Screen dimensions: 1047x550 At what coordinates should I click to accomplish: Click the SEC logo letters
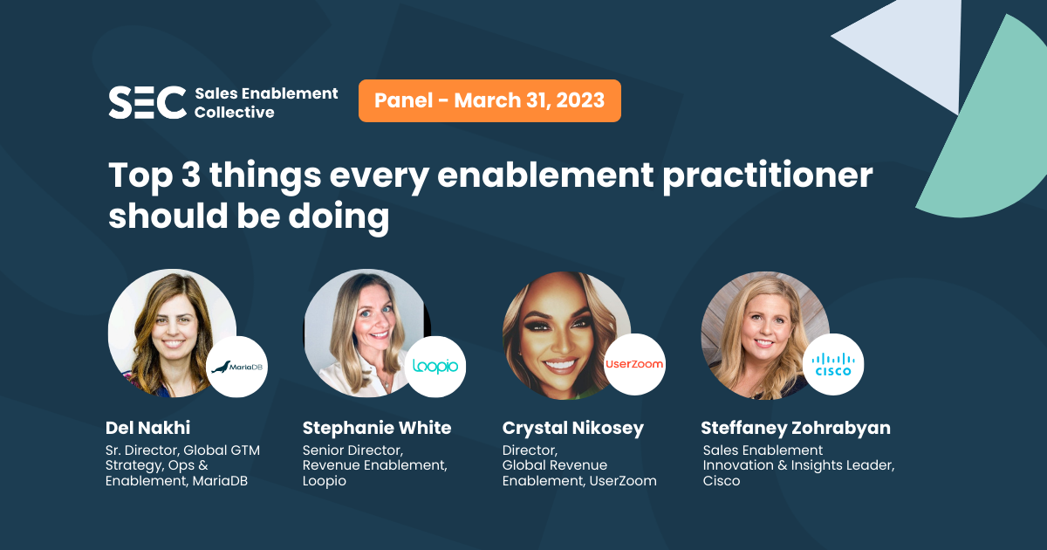click(x=147, y=102)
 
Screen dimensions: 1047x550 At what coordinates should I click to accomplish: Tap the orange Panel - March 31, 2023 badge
click(x=489, y=100)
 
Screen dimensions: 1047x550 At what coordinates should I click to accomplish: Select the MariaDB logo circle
click(x=237, y=367)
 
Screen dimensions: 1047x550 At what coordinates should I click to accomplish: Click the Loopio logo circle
click(x=435, y=367)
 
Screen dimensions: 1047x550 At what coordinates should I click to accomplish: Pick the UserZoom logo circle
click(x=634, y=364)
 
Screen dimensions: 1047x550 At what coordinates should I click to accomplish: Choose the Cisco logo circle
click(x=833, y=364)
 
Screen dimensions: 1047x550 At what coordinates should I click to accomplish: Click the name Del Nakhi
click(x=147, y=428)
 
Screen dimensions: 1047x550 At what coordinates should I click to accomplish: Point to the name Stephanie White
click(x=377, y=428)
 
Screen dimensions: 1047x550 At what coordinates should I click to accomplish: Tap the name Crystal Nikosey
click(x=573, y=428)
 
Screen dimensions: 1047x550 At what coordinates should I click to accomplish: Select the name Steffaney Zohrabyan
click(x=796, y=428)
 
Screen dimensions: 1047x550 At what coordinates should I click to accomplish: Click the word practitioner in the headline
click(x=768, y=176)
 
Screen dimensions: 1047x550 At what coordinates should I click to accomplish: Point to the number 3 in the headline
click(x=191, y=175)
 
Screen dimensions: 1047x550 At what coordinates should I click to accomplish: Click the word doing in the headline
click(x=339, y=217)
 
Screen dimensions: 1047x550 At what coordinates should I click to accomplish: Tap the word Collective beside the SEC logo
click(x=234, y=113)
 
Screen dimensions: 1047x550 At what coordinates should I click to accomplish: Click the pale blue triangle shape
click(x=903, y=52)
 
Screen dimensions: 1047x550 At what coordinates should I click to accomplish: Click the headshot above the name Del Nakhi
click(x=172, y=333)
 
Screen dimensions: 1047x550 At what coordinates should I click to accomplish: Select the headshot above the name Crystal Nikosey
click(x=566, y=335)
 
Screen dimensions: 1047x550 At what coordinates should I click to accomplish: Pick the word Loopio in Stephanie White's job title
click(x=325, y=481)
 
